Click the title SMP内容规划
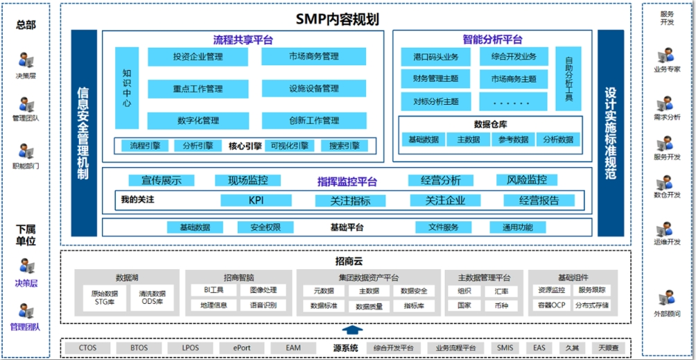point(347,19)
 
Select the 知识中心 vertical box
point(127,87)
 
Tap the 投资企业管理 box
point(198,56)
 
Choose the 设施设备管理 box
point(314,88)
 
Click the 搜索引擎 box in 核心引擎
point(345,146)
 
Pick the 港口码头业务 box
point(435,56)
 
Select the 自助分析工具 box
point(568,79)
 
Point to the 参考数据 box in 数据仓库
point(513,139)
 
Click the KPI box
point(256,200)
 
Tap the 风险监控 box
point(527,180)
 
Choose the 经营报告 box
point(539,200)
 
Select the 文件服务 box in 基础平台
point(444,227)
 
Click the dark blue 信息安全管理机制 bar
point(84,132)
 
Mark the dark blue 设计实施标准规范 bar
point(610,132)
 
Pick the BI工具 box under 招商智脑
point(213,290)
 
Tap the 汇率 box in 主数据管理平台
point(502,291)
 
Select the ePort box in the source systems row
point(241,348)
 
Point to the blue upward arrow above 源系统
point(352,330)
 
